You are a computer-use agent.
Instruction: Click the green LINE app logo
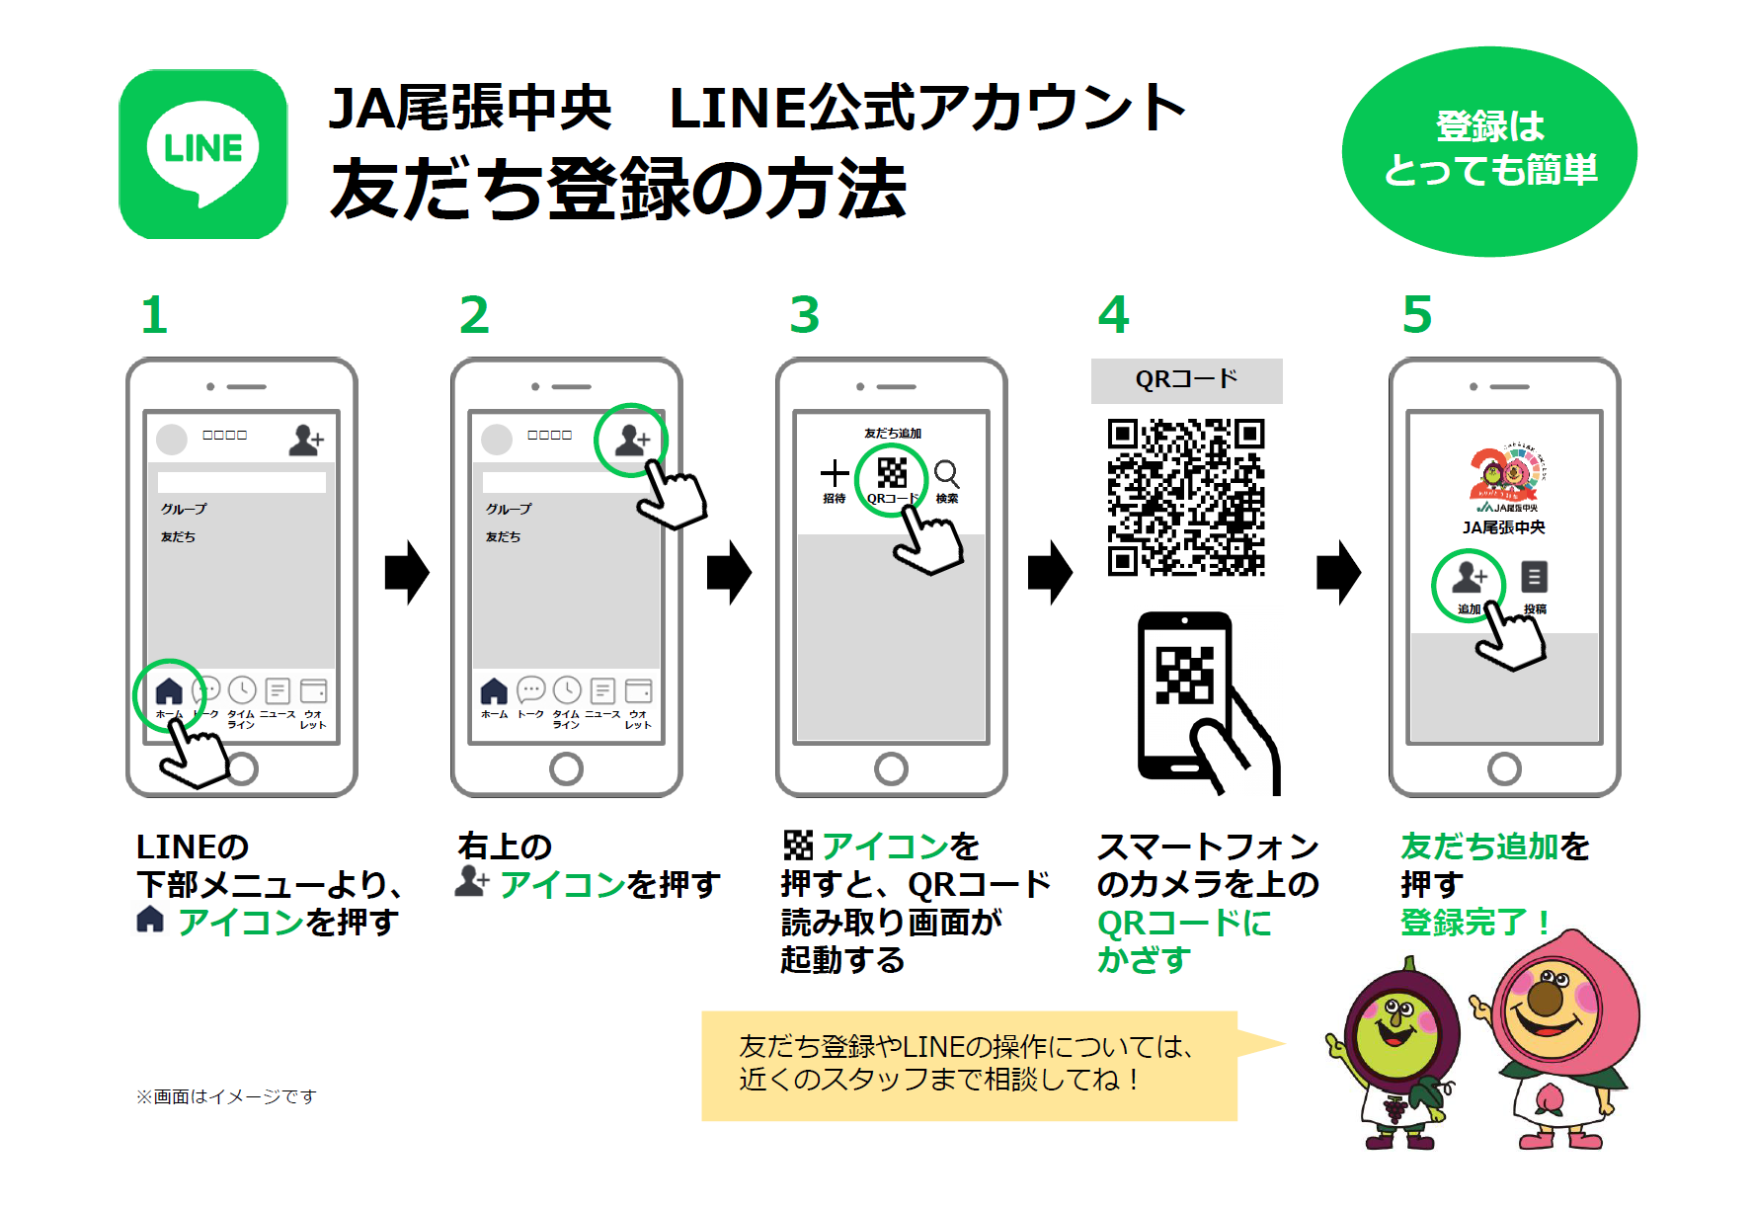pyautogui.click(x=202, y=154)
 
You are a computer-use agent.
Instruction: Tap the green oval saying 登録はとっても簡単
pyautogui.click(x=1488, y=151)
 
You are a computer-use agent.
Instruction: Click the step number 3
pyautogui.click(x=804, y=315)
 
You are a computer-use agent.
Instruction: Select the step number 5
pyautogui.click(x=1416, y=315)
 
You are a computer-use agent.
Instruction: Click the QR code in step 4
pyautogui.click(x=1185, y=497)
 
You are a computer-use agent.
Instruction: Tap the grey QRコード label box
pyautogui.click(x=1186, y=380)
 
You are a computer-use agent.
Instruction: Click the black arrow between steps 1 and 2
pyautogui.click(x=406, y=572)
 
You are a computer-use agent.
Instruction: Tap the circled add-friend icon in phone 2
pyautogui.click(x=631, y=440)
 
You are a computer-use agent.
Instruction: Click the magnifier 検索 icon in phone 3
pyautogui.click(x=946, y=474)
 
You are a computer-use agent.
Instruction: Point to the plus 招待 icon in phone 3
pyautogui.click(x=835, y=474)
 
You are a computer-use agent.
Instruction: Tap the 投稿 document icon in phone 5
pyautogui.click(x=1534, y=577)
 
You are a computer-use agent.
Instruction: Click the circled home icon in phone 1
pyautogui.click(x=169, y=691)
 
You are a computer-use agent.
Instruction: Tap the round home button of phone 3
pyautogui.click(x=891, y=767)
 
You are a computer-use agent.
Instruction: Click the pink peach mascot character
pyautogui.click(x=1560, y=1037)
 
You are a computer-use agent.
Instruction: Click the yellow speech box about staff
pyautogui.click(x=968, y=1065)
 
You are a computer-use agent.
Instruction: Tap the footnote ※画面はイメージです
pyautogui.click(x=226, y=1096)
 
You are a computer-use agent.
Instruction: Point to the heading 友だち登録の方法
pyautogui.click(x=618, y=190)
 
